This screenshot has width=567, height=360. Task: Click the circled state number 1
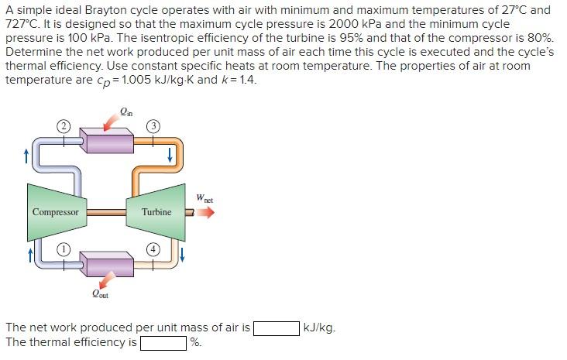tap(66, 249)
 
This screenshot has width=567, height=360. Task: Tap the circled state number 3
tap(153, 125)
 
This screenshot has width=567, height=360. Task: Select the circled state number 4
tap(153, 249)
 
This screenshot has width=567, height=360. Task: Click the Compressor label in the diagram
tap(55, 211)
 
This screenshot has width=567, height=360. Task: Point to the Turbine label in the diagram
tap(156, 211)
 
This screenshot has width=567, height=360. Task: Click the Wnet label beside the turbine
tap(204, 197)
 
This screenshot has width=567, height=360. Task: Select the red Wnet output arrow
tap(204, 211)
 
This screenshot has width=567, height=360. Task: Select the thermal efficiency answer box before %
tap(163, 342)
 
